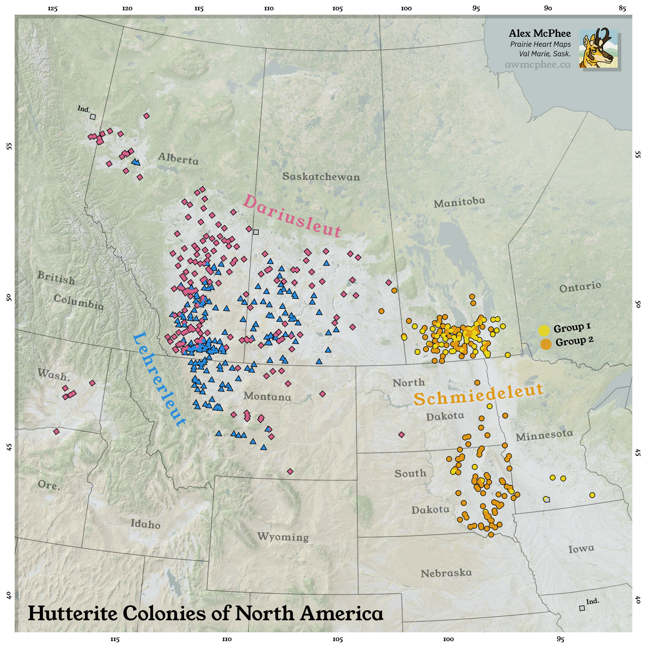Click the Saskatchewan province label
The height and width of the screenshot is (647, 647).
[321, 176]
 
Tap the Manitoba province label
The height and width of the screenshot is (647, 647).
[459, 202]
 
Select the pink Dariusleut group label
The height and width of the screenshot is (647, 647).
[292, 217]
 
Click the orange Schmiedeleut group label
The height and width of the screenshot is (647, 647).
[478, 394]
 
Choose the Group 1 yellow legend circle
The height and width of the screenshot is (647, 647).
[544, 330]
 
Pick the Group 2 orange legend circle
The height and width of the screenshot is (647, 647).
[546, 344]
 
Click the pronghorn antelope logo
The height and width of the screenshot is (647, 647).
[598, 49]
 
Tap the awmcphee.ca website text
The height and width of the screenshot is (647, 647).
[538, 64]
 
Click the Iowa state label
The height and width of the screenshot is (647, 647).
[581, 549]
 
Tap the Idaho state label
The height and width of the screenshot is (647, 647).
[145, 523]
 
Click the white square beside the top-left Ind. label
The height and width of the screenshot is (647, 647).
[93, 117]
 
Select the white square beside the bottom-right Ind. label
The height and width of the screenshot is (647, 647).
[582, 608]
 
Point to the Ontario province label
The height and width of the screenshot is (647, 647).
[580, 287]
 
